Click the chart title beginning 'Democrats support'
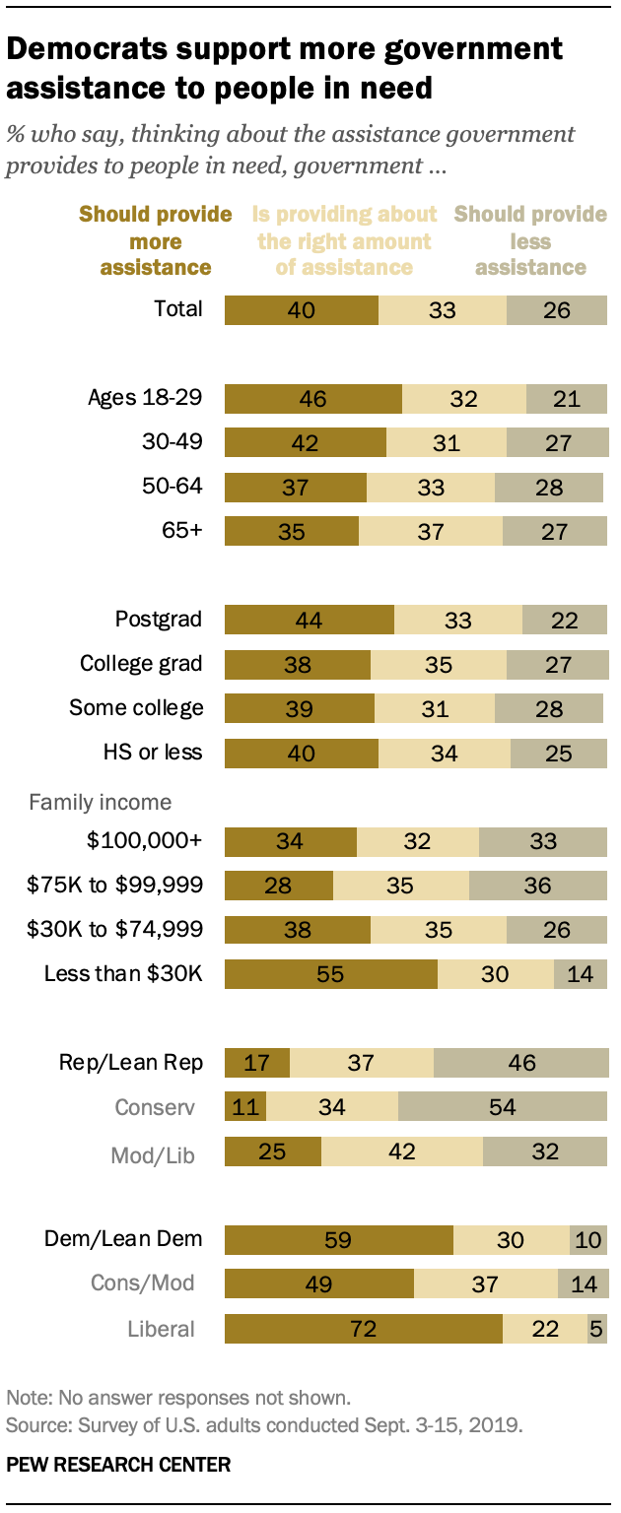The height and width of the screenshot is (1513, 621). click(286, 68)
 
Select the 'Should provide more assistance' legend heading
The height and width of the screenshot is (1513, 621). click(155, 241)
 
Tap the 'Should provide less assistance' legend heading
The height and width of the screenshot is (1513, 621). click(530, 241)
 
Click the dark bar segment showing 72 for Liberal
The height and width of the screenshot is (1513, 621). click(363, 1328)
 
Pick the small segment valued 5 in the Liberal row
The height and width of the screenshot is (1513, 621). click(596, 1328)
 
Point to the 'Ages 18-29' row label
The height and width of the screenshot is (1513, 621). click(145, 398)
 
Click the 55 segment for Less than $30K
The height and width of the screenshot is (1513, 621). click(330, 973)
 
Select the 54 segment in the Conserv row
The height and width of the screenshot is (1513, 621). click(503, 1107)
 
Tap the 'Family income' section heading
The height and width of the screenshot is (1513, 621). click(100, 802)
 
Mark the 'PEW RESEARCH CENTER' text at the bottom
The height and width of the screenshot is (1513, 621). click(118, 1465)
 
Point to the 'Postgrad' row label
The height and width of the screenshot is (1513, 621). click(158, 620)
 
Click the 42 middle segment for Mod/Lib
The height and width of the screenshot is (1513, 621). click(402, 1151)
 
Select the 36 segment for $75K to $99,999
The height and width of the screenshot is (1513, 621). click(538, 885)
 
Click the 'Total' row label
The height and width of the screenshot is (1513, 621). click(178, 308)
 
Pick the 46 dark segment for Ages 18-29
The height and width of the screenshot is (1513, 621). click(312, 398)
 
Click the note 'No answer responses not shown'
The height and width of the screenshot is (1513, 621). click(179, 1397)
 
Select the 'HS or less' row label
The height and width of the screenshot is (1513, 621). click(155, 753)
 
